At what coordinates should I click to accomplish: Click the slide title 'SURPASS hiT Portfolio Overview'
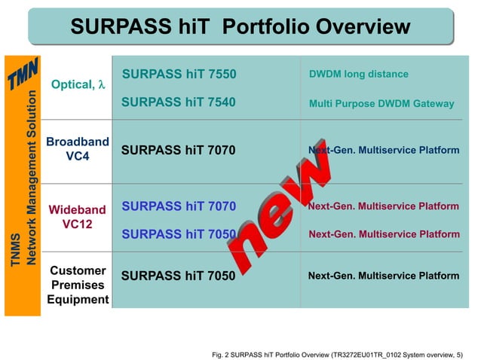[240, 28]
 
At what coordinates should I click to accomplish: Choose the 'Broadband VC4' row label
[78, 148]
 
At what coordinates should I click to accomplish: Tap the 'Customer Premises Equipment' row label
[78, 285]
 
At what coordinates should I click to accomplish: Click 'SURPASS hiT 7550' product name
[179, 74]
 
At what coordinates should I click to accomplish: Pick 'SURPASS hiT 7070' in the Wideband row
[179, 206]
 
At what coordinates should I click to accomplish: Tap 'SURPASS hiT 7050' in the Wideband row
[179, 234]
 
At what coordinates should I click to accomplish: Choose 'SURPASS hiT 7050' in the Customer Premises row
[179, 276]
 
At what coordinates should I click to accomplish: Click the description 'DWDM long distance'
[358, 74]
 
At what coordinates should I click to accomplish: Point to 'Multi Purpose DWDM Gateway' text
[381, 103]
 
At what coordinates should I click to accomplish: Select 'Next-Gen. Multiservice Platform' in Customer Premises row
[383, 276]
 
